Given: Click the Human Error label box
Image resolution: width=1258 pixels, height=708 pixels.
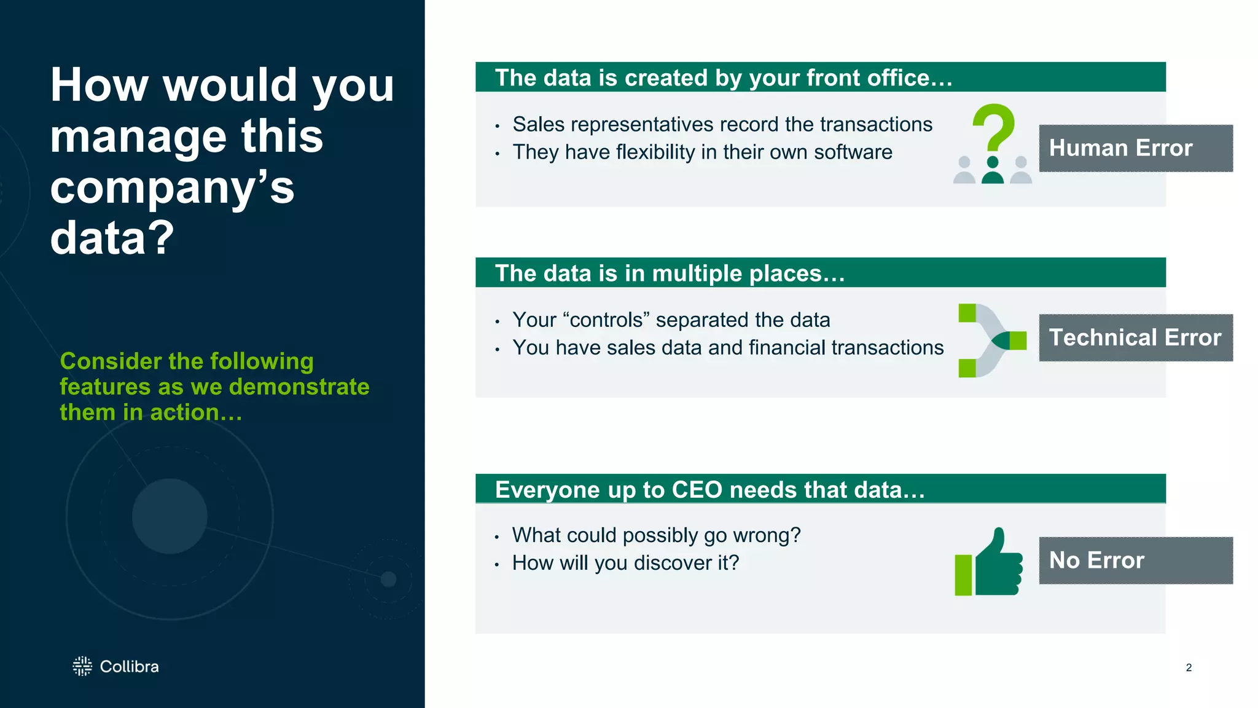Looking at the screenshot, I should pyautogui.click(x=1135, y=148).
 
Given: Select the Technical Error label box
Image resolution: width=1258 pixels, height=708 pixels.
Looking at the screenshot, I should pyautogui.click(x=1135, y=337).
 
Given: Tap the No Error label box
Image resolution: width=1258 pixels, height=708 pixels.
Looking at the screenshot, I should pyautogui.click(x=1135, y=560).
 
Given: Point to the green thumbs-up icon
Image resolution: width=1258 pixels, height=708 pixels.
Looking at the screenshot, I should pyautogui.click(x=989, y=562).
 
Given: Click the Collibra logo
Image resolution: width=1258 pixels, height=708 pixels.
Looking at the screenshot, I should pyautogui.click(x=115, y=666).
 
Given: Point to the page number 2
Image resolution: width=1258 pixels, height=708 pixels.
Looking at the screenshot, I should pyautogui.click(x=1189, y=667).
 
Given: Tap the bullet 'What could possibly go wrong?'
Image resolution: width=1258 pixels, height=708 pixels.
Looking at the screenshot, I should pyautogui.click(x=656, y=535).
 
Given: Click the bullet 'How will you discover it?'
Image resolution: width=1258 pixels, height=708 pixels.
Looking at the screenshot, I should pyautogui.click(x=625, y=563).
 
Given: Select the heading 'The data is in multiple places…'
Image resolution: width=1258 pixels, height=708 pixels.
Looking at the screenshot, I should pyautogui.click(x=670, y=273).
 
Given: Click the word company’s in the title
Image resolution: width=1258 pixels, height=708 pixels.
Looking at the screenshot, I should pyautogui.click(x=172, y=187).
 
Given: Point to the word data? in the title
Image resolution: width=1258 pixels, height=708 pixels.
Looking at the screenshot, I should pyautogui.click(x=112, y=238).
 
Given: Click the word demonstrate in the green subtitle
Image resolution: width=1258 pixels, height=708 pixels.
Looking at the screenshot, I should pyautogui.click(x=299, y=387).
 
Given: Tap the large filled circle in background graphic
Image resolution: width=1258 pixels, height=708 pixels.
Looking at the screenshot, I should pyautogui.click(x=170, y=516).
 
